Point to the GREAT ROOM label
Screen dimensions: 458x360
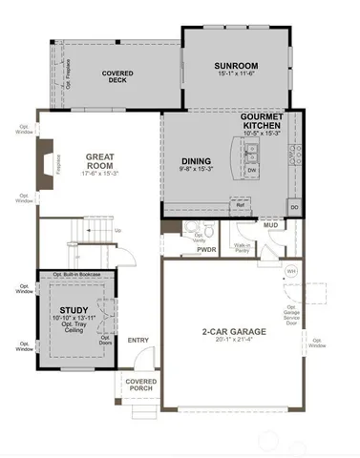point(100,161)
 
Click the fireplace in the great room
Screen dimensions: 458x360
point(44,156)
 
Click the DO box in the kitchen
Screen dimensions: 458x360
point(294,205)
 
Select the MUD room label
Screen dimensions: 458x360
point(270,226)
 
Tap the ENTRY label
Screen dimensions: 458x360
point(138,341)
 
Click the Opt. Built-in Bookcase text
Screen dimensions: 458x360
point(76,275)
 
